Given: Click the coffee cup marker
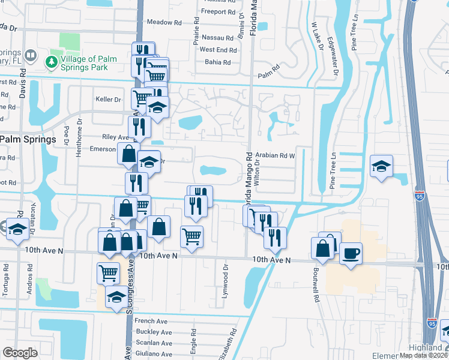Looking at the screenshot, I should [x=351, y=253].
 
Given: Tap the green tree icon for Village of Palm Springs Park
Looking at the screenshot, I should [x=51, y=61].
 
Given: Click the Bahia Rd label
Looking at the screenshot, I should [x=217, y=62].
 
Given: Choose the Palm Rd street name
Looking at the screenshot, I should [x=269, y=76].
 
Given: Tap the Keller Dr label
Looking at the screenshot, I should [x=108, y=99].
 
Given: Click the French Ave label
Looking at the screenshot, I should [x=151, y=321].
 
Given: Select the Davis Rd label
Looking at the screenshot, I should [x=22, y=82].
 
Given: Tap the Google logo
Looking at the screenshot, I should [x=20, y=353].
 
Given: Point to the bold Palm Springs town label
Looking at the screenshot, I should [x=28, y=139].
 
